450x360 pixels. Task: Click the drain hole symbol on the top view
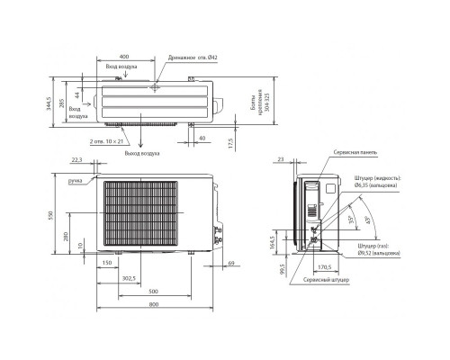[155, 88]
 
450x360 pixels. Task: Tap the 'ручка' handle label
[75, 181]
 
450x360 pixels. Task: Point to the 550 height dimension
[52, 216]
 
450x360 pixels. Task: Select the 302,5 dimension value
[127, 279]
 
